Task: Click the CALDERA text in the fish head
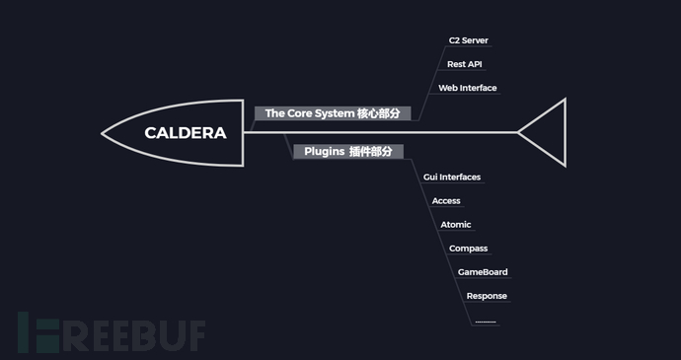pos(186,133)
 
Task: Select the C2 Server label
pos(468,40)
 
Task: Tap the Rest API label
pos(464,64)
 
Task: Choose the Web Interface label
pos(468,88)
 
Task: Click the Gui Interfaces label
pos(451,177)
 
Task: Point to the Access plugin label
pos(446,200)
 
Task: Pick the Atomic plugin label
pos(456,224)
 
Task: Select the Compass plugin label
pos(468,249)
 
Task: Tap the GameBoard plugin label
pos(483,272)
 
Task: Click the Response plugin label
pos(487,296)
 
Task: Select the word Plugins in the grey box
pos(323,152)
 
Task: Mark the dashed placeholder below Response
pos(485,322)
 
